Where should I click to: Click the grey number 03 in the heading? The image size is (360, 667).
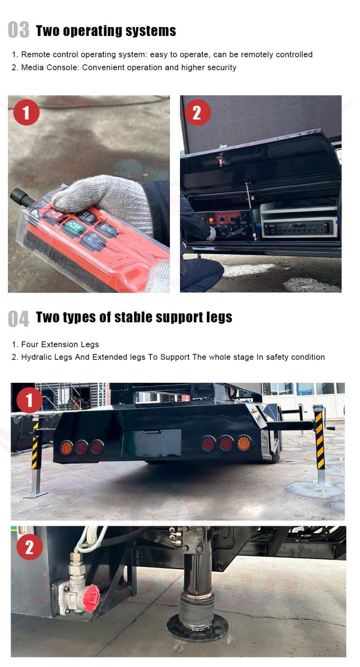pos(19,30)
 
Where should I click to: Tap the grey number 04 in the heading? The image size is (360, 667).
pos(19,318)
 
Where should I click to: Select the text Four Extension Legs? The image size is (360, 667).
pos(60,345)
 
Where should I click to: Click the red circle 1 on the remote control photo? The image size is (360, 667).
pos(26,113)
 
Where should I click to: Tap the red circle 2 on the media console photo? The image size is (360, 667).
pos(197,113)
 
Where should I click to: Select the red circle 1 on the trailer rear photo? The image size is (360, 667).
pos(30,400)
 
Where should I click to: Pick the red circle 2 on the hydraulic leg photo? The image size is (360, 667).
pos(30,547)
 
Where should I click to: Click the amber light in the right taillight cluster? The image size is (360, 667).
pos(244,443)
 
